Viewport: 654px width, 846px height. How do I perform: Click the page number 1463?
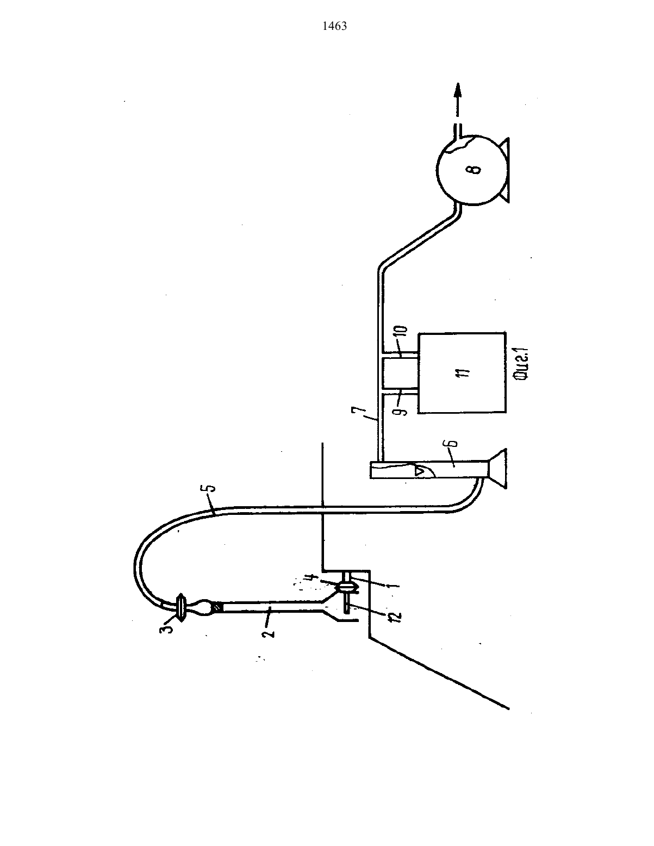pos(335,26)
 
